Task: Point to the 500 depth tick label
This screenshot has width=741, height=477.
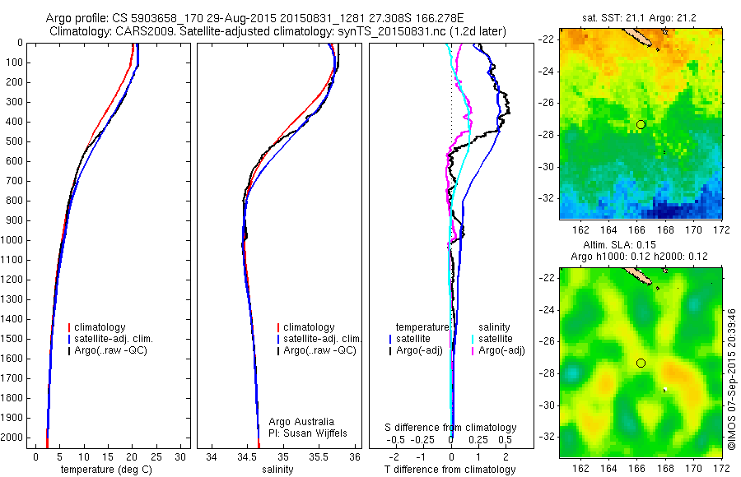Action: [x=13, y=141]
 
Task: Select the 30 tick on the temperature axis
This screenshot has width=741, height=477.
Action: [x=180, y=457]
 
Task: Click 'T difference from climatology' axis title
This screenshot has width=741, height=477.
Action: [x=450, y=470]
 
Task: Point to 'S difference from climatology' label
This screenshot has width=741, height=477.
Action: [x=450, y=428]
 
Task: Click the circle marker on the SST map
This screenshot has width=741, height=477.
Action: [x=641, y=124]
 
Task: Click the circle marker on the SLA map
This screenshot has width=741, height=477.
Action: [x=641, y=363]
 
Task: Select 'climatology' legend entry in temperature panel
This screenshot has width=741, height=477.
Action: [x=102, y=327]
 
